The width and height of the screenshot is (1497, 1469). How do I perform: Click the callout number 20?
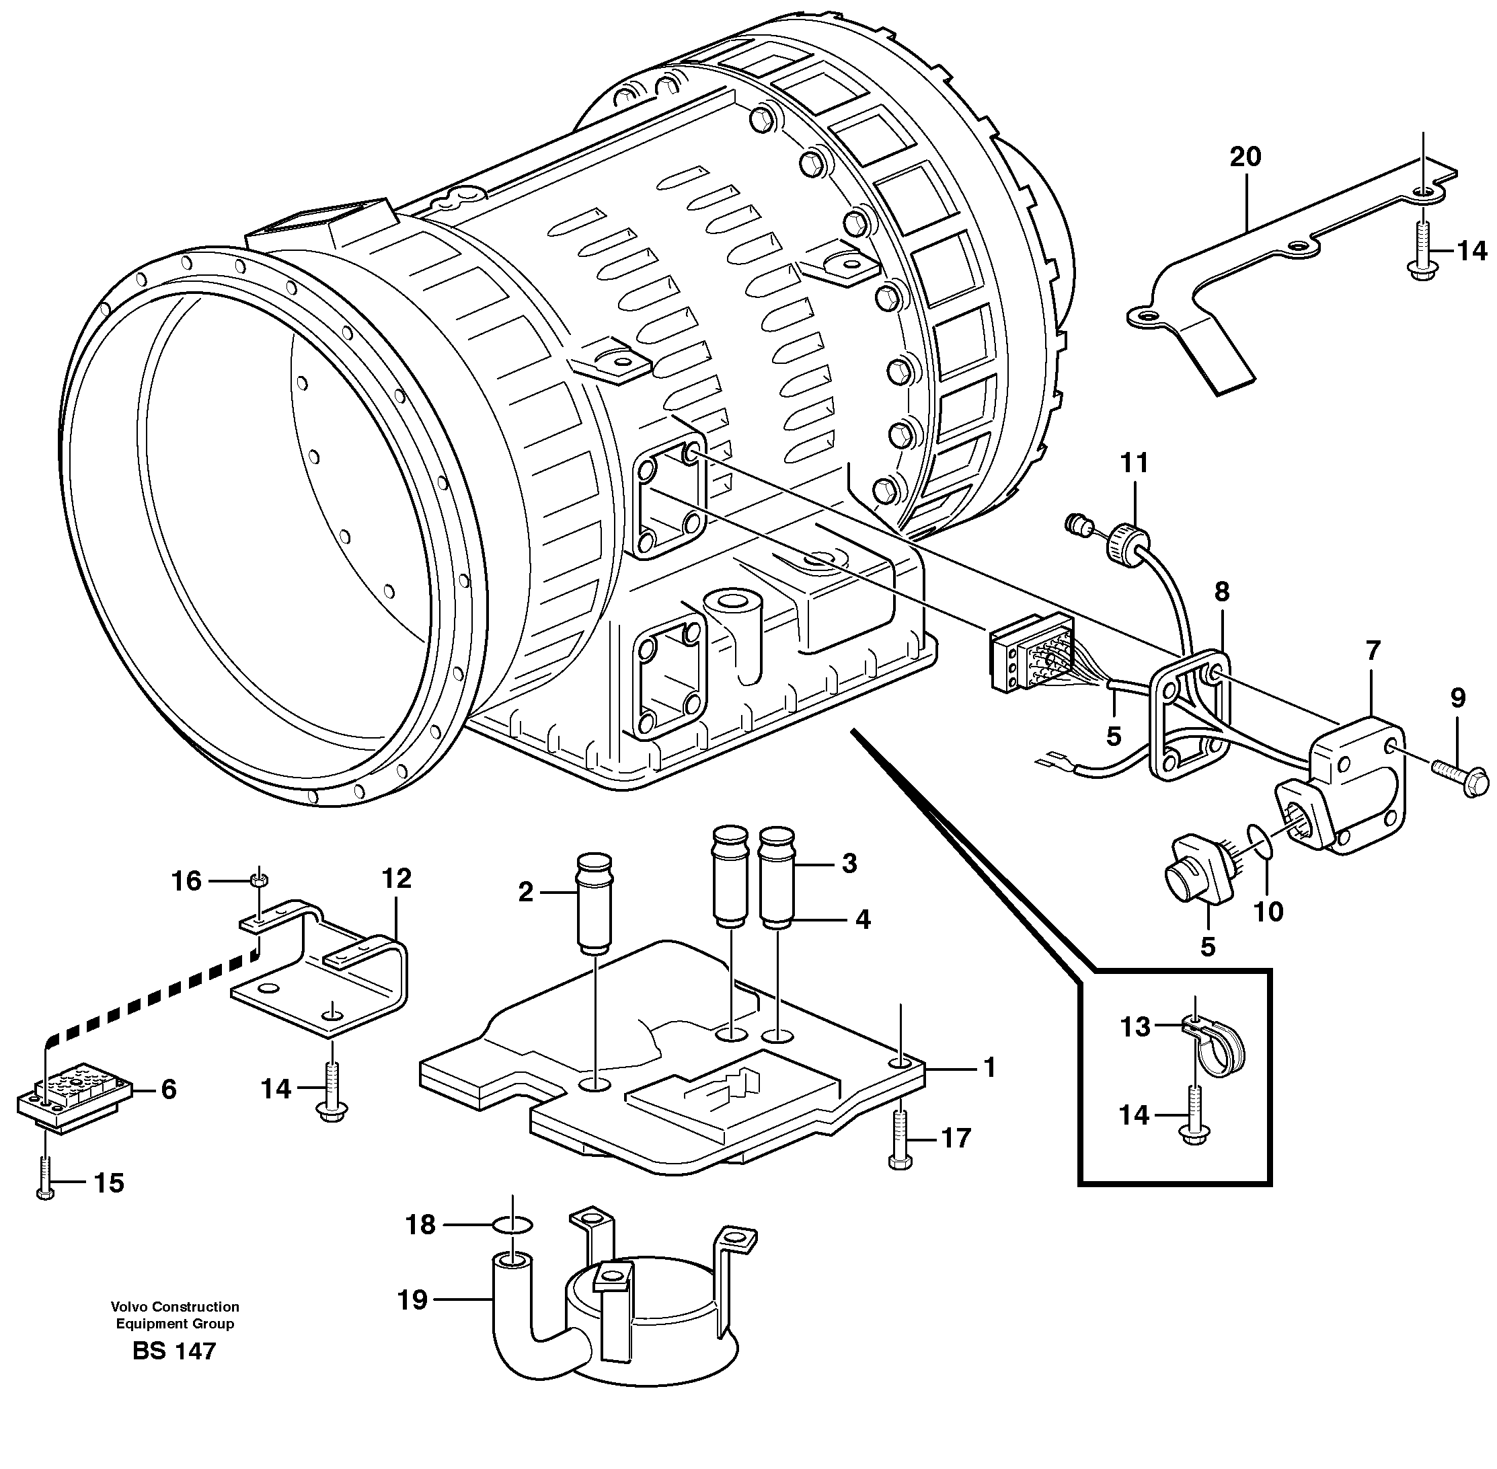point(1245,157)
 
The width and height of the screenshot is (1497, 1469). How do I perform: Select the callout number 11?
point(1134,463)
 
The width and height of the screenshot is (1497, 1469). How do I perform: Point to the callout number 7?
point(1372,650)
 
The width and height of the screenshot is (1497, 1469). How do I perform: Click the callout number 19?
point(413,1300)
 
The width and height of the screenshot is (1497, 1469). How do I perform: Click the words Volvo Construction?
point(175,1307)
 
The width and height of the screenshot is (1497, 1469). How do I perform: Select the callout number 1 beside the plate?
point(989,1068)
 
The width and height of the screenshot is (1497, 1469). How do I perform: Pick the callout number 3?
point(849,864)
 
